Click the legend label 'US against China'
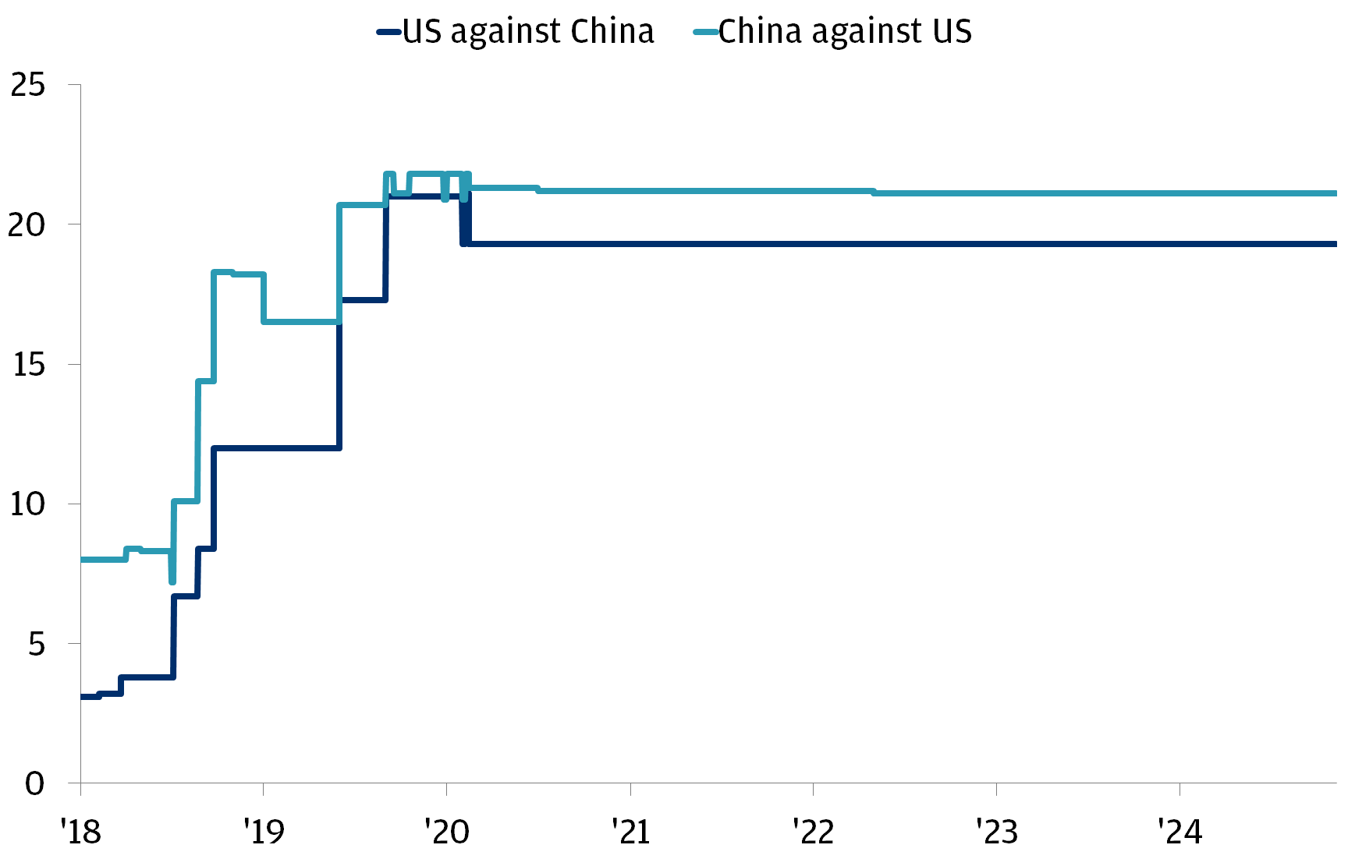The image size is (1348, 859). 528,32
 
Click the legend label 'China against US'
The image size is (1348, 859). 845,32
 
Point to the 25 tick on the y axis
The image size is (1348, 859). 28,85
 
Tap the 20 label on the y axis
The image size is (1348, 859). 28,224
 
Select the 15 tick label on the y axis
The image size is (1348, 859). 28,364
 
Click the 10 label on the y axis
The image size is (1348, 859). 28,504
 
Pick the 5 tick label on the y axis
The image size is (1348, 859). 37,643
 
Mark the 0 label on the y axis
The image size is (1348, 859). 35,783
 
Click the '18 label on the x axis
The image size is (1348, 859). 80,832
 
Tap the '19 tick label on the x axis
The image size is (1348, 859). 264,832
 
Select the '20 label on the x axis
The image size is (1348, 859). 447,832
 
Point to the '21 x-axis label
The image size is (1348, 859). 630,832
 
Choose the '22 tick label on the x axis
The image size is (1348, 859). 814,832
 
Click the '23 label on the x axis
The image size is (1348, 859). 997,832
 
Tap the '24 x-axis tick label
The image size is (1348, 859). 1180,832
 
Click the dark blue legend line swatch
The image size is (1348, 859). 389,32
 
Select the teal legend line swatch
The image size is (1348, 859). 705,32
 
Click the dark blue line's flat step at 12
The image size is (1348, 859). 276,447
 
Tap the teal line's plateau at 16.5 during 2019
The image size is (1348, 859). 301,321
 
